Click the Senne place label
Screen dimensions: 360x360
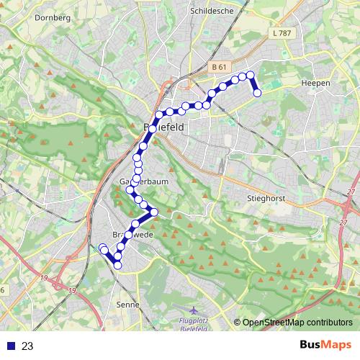click(127, 305)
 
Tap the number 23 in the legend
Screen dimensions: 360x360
click(27, 346)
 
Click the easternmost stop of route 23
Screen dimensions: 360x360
click(257, 92)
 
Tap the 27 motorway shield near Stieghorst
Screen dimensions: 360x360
click(351, 192)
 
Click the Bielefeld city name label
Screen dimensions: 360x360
click(164, 127)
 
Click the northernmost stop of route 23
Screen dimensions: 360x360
click(250, 75)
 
